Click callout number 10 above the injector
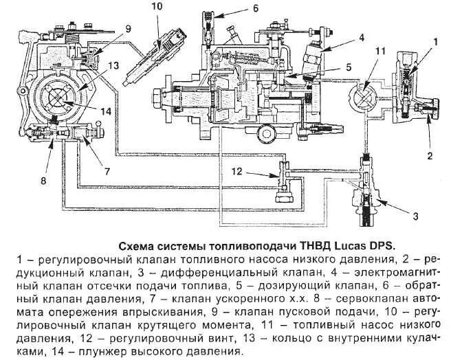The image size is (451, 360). click(157, 8)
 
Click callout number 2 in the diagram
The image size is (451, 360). click(430, 156)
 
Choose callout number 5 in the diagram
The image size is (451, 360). click(349, 67)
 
